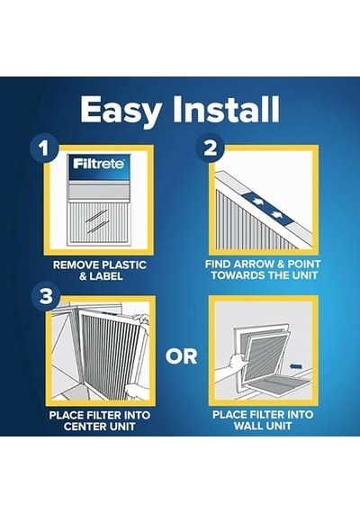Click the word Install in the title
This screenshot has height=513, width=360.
pyautogui.click(x=226, y=109)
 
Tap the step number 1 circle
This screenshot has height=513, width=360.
pyautogui.click(x=44, y=148)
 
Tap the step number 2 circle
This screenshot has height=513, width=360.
pyautogui.click(x=210, y=148)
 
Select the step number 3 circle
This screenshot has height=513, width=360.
pyautogui.click(x=46, y=296)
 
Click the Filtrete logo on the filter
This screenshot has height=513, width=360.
pyautogui.click(x=99, y=163)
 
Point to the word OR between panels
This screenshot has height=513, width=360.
pyautogui.click(x=181, y=356)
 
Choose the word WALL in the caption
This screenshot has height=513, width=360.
pyautogui.click(x=249, y=426)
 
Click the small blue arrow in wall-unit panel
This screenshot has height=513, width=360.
pyautogui.click(x=295, y=366)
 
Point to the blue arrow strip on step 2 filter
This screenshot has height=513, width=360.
pyautogui.click(x=268, y=208)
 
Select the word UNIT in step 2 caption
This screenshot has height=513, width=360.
pyautogui.click(x=304, y=275)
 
